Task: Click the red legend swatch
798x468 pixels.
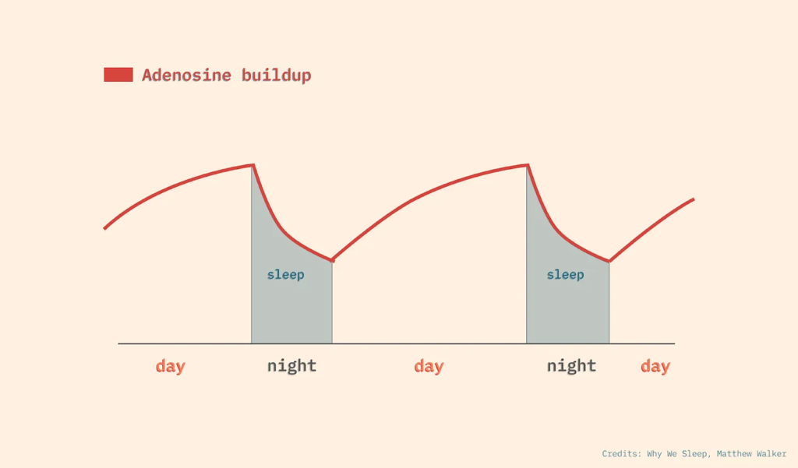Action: tap(118, 75)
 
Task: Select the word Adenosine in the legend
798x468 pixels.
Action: tap(186, 76)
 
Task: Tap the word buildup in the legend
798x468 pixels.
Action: tap(277, 76)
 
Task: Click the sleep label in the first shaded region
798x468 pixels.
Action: tap(285, 275)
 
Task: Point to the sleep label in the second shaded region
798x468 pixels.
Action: tap(566, 275)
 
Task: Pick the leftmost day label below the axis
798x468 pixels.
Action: tap(171, 366)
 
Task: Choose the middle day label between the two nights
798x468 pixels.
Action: tap(429, 366)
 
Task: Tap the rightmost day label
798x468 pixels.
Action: tap(655, 366)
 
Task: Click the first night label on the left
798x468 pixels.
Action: tap(291, 366)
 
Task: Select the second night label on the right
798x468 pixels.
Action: tap(571, 366)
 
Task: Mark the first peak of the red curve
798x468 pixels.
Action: tap(253, 165)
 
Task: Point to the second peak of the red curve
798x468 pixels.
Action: tap(528, 165)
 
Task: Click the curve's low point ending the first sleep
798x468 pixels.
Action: tap(332, 260)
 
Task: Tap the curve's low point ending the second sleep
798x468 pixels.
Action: tap(609, 262)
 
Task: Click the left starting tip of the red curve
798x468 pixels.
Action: tap(104, 229)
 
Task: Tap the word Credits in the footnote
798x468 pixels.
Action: tap(621, 454)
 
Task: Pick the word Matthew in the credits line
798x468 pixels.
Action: tap(734, 454)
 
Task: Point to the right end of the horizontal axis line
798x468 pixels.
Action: tap(675, 344)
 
